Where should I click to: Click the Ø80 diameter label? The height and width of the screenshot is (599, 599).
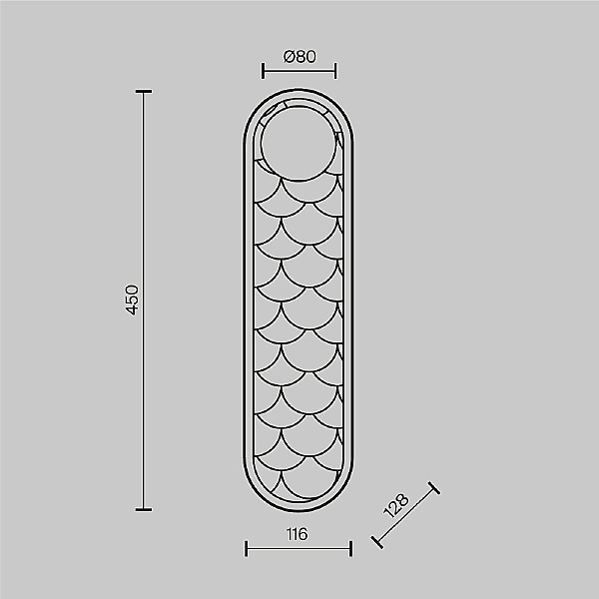coord(299,57)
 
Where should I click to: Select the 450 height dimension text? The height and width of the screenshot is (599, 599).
coord(132,299)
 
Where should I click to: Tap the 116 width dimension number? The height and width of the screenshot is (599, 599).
coord(297,534)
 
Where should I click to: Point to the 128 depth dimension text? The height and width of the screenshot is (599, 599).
coord(396,506)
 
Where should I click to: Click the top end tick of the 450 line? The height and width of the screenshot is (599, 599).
coord(144,91)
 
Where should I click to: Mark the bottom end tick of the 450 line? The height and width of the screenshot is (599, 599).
coord(144,509)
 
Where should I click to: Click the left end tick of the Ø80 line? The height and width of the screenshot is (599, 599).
coord(263,71)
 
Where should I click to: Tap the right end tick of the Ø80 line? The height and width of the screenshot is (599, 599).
coord(335,71)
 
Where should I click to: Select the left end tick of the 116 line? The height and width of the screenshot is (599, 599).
coord(246,548)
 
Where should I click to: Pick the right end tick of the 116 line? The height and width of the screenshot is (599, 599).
coord(350,548)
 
